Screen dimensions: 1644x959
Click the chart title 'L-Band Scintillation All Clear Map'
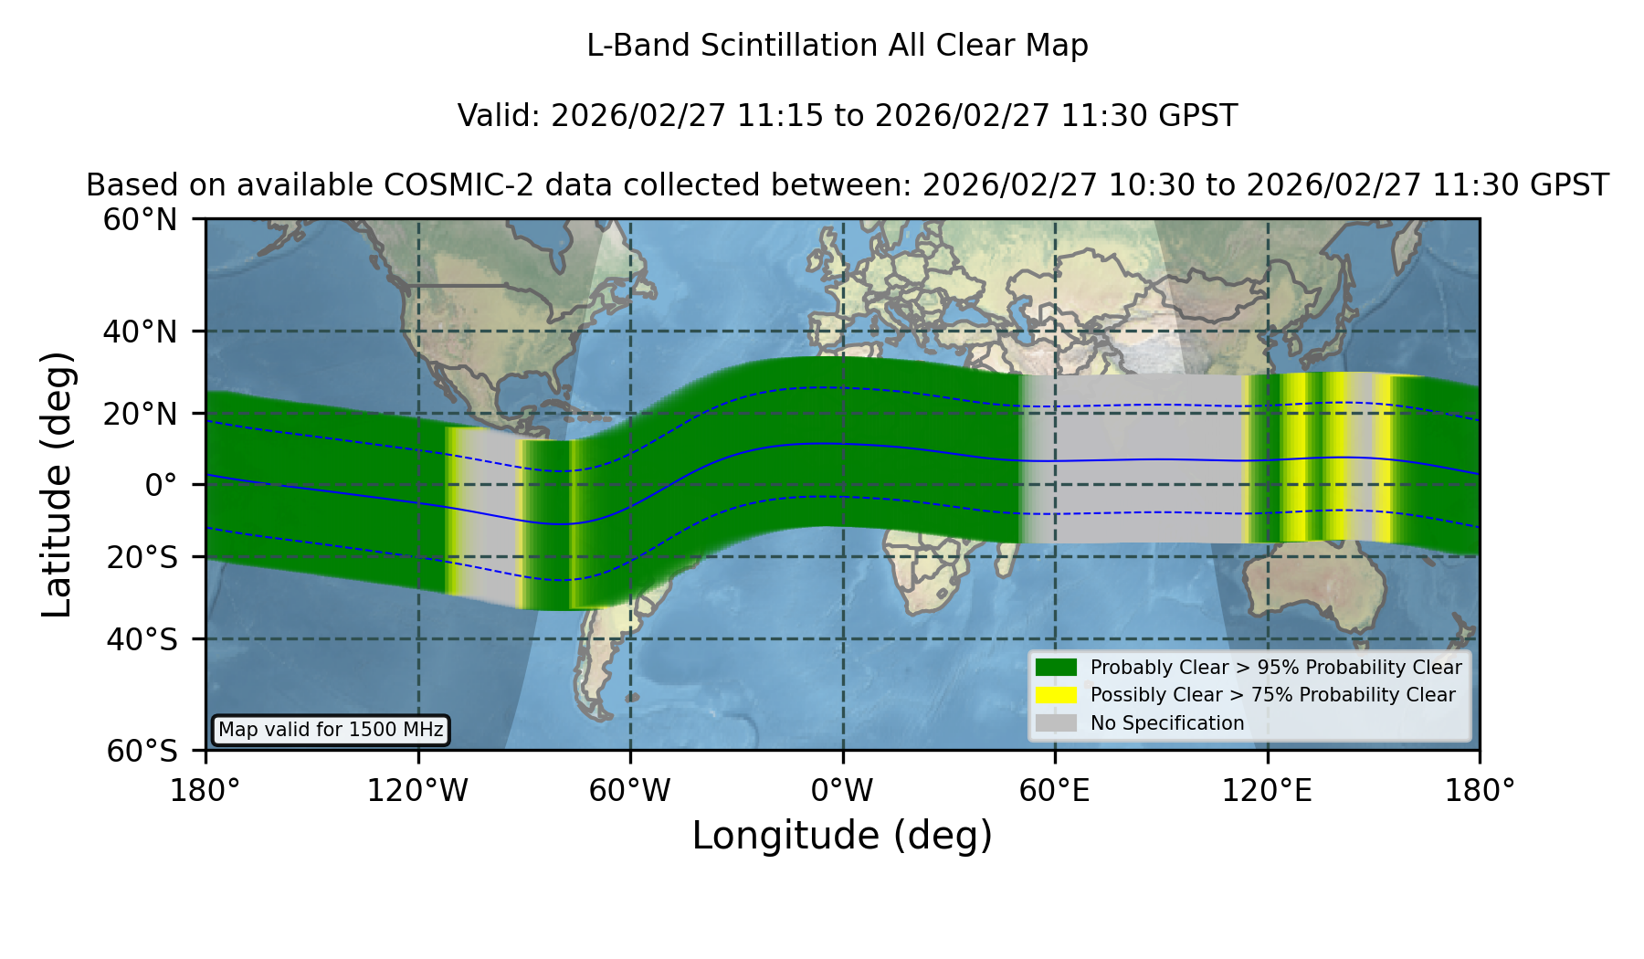pos(837,46)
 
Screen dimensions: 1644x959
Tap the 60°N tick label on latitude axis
pos(141,220)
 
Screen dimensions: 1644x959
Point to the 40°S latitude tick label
pos(142,639)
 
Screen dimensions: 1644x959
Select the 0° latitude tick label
pos(161,485)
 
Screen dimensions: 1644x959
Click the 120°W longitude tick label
pos(417,791)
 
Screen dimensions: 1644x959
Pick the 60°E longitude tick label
pos(1055,791)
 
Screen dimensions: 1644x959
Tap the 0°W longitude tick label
pos(842,791)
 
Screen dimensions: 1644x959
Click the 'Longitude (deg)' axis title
pos(842,836)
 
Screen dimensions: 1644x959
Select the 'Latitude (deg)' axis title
pos(57,484)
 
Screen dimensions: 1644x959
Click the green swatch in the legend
pos(1056,668)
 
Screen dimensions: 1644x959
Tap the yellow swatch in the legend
pos(1056,695)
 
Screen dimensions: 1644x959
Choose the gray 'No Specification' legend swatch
pos(1056,723)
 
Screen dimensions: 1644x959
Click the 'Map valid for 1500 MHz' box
pos(331,730)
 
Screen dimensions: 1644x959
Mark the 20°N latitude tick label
pos(141,414)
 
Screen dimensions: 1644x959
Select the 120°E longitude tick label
pos(1267,791)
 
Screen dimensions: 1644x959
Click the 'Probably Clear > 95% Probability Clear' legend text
pos(1276,668)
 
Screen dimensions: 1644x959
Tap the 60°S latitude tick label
pos(142,752)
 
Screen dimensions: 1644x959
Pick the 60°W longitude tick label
pos(630,791)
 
